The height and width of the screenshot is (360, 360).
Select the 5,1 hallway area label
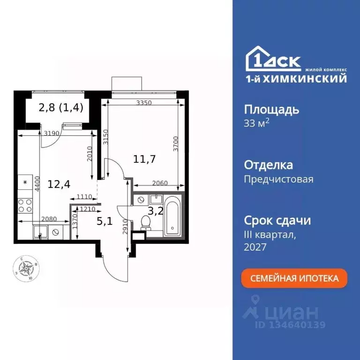click(x=105, y=221)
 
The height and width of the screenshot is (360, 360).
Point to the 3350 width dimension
click(x=143, y=104)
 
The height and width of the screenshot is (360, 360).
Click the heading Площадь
click(x=271, y=110)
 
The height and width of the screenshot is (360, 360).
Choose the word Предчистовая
click(x=278, y=179)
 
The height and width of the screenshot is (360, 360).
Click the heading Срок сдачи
click(x=277, y=220)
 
